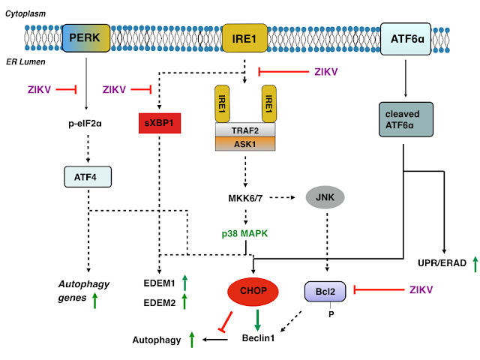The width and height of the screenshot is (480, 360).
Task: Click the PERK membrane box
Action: point(86,38)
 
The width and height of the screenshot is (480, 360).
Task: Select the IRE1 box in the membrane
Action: point(244,38)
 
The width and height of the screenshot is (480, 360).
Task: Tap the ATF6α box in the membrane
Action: point(406,39)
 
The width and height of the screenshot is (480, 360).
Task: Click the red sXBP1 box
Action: point(160,123)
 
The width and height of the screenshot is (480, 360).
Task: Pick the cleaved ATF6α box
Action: point(406,119)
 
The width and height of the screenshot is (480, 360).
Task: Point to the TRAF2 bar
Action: point(245,130)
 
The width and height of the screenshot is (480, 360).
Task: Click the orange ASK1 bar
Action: point(245,144)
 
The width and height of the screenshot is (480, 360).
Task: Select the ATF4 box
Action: point(88,177)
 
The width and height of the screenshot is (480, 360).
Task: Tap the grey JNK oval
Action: point(325,197)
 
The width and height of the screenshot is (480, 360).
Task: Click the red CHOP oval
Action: point(253,291)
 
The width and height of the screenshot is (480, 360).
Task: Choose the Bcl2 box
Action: point(325,292)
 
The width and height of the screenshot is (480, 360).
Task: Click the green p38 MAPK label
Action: point(244,233)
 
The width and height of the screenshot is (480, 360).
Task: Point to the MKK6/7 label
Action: point(245,198)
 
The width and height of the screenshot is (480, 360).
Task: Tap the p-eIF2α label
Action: point(85,123)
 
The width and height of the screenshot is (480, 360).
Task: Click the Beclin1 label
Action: point(258,338)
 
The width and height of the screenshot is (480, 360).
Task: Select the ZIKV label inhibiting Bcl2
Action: point(421,289)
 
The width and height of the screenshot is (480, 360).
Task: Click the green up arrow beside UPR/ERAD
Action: point(475,264)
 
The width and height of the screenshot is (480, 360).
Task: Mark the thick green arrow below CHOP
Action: point(257,320)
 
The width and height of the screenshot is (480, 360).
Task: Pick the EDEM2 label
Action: point(160,303)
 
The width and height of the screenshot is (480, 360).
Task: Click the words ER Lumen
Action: point(25,61)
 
